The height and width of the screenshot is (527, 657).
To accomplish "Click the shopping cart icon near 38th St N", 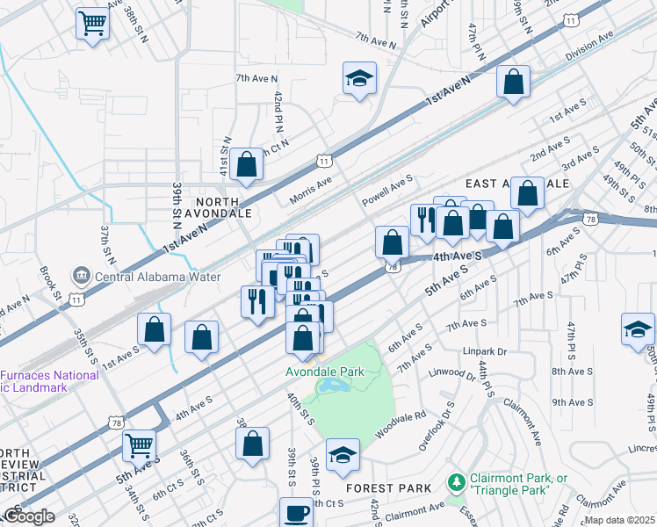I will pos(91,24).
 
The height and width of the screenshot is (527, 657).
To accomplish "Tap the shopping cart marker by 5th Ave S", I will pos(140,446).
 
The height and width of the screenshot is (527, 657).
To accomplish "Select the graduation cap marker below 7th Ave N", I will pos(359,79).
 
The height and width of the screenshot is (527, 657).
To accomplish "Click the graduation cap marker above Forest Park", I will pos(343,455).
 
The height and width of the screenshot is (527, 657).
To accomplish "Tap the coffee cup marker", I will pos(296,512).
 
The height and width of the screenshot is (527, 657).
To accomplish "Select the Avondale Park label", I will pos(324,372).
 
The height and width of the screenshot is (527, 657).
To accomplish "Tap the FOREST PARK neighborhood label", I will pos(388,488).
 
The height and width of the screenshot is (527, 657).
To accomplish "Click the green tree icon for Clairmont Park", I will pos(456,482).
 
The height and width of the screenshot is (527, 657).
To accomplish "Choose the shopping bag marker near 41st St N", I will pos(248,164).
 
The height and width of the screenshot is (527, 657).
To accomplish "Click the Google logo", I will pos(28,516).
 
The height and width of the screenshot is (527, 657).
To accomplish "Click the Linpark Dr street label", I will pos(485,351).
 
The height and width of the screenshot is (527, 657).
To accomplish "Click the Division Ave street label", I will pos(588,46).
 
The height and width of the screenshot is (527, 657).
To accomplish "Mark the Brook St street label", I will pos(49,284).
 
